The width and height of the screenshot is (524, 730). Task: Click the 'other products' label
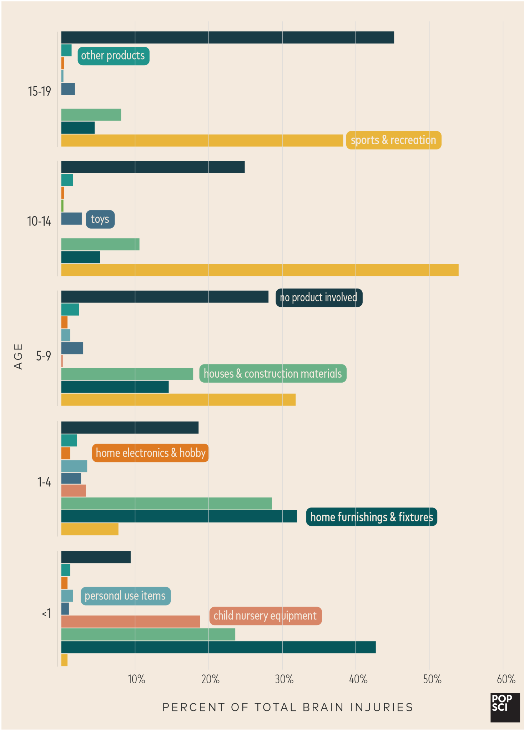click(113, 56)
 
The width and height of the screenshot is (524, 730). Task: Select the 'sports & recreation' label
click(393, 140)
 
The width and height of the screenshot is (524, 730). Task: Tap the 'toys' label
click(100, 219)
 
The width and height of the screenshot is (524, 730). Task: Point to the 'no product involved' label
click(319, 298)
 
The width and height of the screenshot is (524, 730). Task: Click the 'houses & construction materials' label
click(273, 374)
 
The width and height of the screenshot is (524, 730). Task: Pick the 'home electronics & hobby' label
click(150, 453)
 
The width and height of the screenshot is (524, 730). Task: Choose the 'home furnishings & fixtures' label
click(371, 517)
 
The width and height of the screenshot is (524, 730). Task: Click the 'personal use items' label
click(125, 596)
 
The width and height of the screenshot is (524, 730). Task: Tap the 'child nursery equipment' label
click(265, 616)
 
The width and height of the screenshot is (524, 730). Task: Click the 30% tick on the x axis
click(284, 679)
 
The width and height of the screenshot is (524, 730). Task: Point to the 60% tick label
click(506, 679)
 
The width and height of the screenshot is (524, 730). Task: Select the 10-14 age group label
click(39, 221)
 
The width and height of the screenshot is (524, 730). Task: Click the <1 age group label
click(47, 613)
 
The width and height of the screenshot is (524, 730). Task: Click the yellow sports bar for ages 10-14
click(260, 270)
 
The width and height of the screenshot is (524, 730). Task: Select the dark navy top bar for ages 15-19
click(227, 37)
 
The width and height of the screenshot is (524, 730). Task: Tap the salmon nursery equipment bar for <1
click(130, 622)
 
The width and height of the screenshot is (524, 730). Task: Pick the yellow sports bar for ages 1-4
click(90, 529)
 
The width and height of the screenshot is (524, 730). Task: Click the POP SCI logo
click(505, 708)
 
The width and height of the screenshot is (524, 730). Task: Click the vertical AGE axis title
click(18, 357)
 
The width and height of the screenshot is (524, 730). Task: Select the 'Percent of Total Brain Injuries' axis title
click(288, 707)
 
